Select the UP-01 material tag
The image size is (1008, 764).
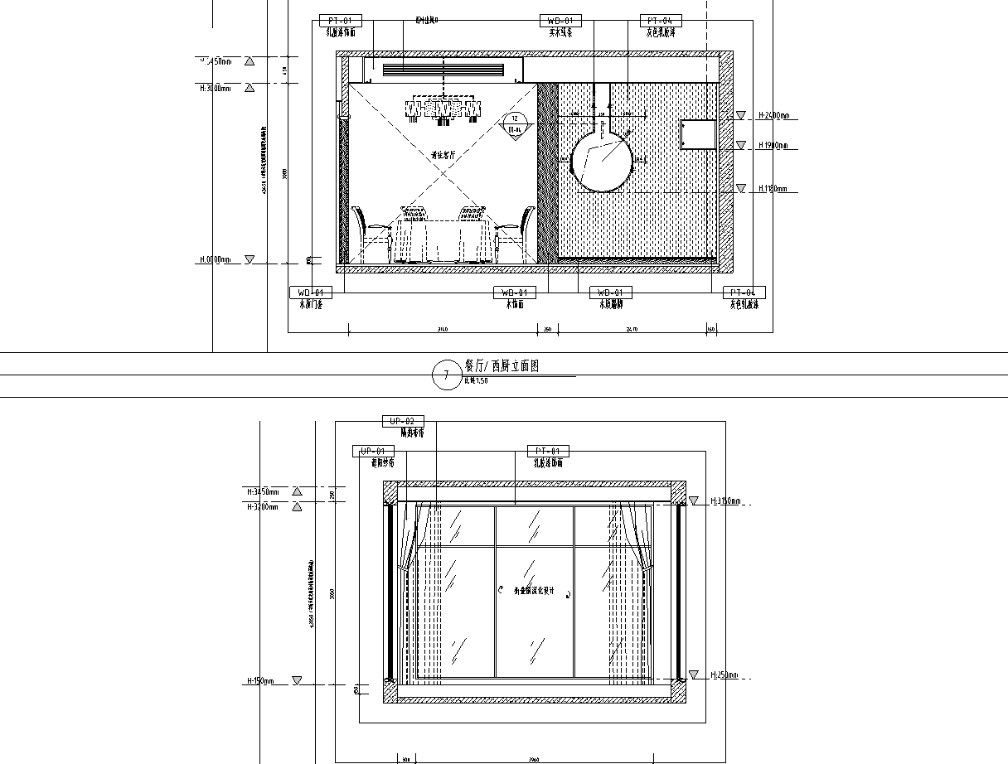[374, 451]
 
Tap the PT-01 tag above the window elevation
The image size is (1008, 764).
[548, 451]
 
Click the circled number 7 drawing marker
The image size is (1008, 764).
[446, 375]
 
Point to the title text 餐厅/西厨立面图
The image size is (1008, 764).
[502, 366]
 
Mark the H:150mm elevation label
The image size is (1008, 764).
[260, 680]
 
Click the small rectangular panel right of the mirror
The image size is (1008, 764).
[698, 134]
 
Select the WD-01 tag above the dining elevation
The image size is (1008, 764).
[560, 20]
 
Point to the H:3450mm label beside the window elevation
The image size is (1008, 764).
[264, 491]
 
